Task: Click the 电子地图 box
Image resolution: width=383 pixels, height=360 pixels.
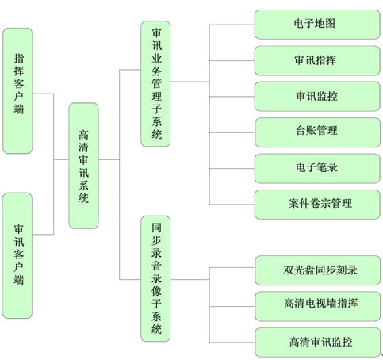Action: click(317, 25)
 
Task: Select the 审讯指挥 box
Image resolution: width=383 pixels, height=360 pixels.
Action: click(317, 60)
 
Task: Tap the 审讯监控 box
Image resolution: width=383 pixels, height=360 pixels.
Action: click(317, 97)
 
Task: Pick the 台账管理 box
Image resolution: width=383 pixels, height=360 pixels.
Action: click(317, 132)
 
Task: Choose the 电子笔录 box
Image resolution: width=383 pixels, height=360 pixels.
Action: click(317, 168)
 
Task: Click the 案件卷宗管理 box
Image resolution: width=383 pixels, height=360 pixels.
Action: click(317, 205)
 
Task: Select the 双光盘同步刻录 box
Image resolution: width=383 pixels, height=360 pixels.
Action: click(317, 270)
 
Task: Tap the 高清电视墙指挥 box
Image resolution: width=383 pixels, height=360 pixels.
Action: click(317, 306)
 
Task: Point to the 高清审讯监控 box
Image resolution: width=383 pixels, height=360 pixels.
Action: click(317, 343)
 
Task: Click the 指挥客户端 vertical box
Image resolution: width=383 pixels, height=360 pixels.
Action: click(17, 90)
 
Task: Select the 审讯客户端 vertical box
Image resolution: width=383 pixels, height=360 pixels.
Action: click(17, 255)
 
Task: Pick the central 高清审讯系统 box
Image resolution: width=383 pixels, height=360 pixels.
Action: click(83, 166)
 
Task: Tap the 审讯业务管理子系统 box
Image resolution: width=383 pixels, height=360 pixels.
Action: click(155, 84)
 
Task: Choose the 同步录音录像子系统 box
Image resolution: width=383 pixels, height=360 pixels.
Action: click(155, 278)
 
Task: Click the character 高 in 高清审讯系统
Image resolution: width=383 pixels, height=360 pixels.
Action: click(83, 135)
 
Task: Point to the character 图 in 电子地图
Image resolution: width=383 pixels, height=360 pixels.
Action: click(330, 23)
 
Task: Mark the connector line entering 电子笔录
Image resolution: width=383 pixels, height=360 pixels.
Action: click(232, 168)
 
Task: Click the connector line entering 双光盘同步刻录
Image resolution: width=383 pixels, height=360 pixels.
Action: click(232, 267)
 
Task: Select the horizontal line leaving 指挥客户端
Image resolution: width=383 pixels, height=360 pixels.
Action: click(43, 94)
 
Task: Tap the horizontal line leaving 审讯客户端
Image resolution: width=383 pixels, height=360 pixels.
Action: click(43, 234)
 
